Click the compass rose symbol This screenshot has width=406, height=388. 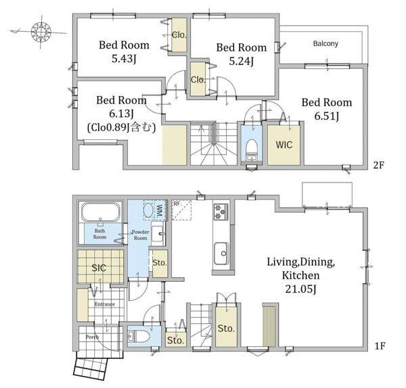pos(41,32)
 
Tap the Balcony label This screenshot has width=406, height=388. pos(325,43)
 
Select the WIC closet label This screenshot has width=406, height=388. pos(284,145)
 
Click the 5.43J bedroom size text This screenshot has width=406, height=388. pos(124,59)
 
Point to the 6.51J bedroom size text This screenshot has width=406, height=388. pos(327,116)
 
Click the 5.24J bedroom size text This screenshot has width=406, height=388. pos(241,62)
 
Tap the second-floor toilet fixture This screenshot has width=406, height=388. pos(251,150)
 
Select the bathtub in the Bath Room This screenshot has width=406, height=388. pos(101,212)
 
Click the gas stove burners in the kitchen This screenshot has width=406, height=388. pos(221,212)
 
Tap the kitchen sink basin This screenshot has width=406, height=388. pos(221,253)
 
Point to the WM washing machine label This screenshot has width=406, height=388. pos(160,210)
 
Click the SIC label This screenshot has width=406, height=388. pos(99,268)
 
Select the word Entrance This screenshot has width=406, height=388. pos(105,304)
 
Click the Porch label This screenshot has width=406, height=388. pos(92,337)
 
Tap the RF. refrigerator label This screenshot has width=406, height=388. pos(177,204)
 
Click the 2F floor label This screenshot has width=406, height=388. pos(378,165)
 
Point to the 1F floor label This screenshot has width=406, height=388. pos(380,345)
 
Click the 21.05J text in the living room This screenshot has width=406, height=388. pos(300,289)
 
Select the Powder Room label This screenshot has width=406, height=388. pos(141,235)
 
